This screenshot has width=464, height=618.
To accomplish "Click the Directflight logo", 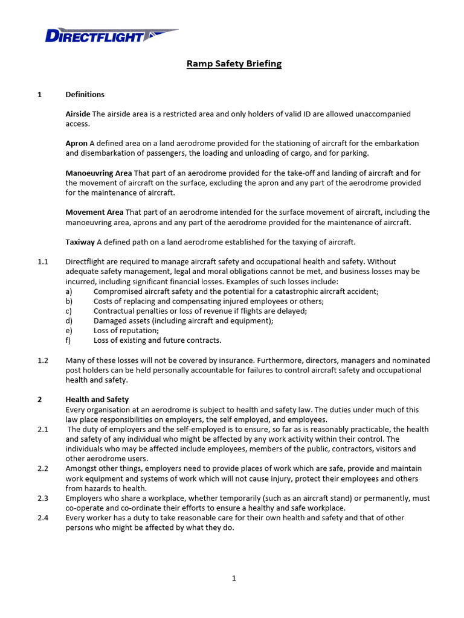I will tap(111, 36).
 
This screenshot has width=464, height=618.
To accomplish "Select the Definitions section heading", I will tap(85, 95).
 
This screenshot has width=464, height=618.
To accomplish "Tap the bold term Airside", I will tap(77, 114).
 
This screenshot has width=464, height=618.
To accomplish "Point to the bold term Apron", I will tap(76, 144).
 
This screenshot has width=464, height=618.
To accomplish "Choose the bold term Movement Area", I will tap(94, 212).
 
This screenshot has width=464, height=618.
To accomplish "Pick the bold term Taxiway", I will tap(80, 242).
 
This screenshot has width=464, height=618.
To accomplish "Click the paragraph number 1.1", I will tap(42, 262).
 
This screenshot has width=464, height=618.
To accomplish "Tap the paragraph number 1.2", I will tap(42, 360).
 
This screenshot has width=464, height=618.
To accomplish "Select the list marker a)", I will tap(69, 291).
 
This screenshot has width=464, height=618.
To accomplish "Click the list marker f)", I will tap(68, 340).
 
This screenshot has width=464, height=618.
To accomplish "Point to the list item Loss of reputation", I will tap(126, 331).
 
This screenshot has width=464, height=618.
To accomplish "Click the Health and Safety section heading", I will tap(97, 400).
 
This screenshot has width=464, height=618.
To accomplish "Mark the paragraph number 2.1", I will tap(42, 429).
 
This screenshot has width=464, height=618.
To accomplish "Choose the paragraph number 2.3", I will tap(42, 499).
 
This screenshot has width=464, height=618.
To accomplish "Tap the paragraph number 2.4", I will tap(42, 518).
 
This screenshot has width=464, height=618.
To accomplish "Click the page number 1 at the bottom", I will tap(234, 578).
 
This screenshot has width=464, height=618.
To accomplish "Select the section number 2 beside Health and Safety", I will tap(39, 400).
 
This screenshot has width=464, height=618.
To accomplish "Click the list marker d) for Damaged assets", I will tap(69, 321).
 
